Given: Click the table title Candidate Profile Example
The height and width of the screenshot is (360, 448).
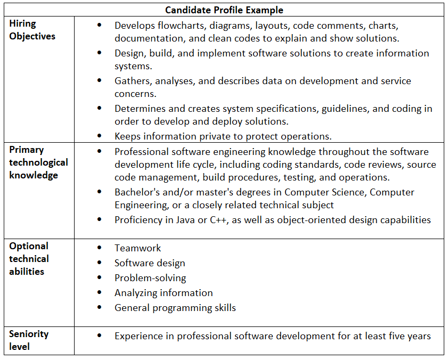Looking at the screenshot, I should (x=224, y=10).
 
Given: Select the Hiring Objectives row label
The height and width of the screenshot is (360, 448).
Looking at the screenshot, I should (x=32, y=30).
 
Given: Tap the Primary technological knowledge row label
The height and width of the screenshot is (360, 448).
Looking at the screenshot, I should (x=38, y=162).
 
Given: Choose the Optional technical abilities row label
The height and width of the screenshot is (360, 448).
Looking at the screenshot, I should (x=29, y=259).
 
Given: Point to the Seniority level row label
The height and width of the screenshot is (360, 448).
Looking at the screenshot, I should (x=29, y=340).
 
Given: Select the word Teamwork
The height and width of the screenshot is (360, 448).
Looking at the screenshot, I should (x=137, y=248).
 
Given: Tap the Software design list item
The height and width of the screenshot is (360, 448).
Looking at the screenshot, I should (x=150, y=263).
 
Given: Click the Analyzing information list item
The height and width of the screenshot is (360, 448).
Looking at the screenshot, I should (x=164, y=293).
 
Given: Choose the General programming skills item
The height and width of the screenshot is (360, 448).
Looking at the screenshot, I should (x=175, y=308).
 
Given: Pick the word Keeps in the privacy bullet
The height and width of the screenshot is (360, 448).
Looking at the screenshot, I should (x=127, y=135).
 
